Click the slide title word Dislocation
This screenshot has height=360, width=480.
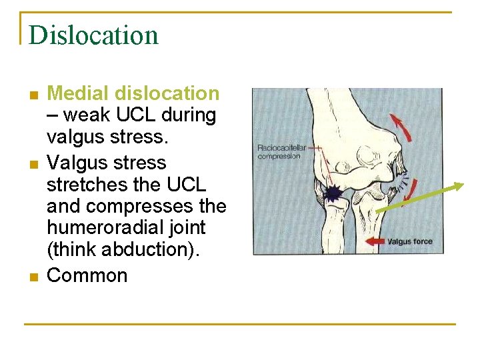pos(93,35)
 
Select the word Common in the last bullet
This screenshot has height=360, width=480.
pos(87,275)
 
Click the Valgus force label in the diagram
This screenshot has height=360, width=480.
pos(409,241)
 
